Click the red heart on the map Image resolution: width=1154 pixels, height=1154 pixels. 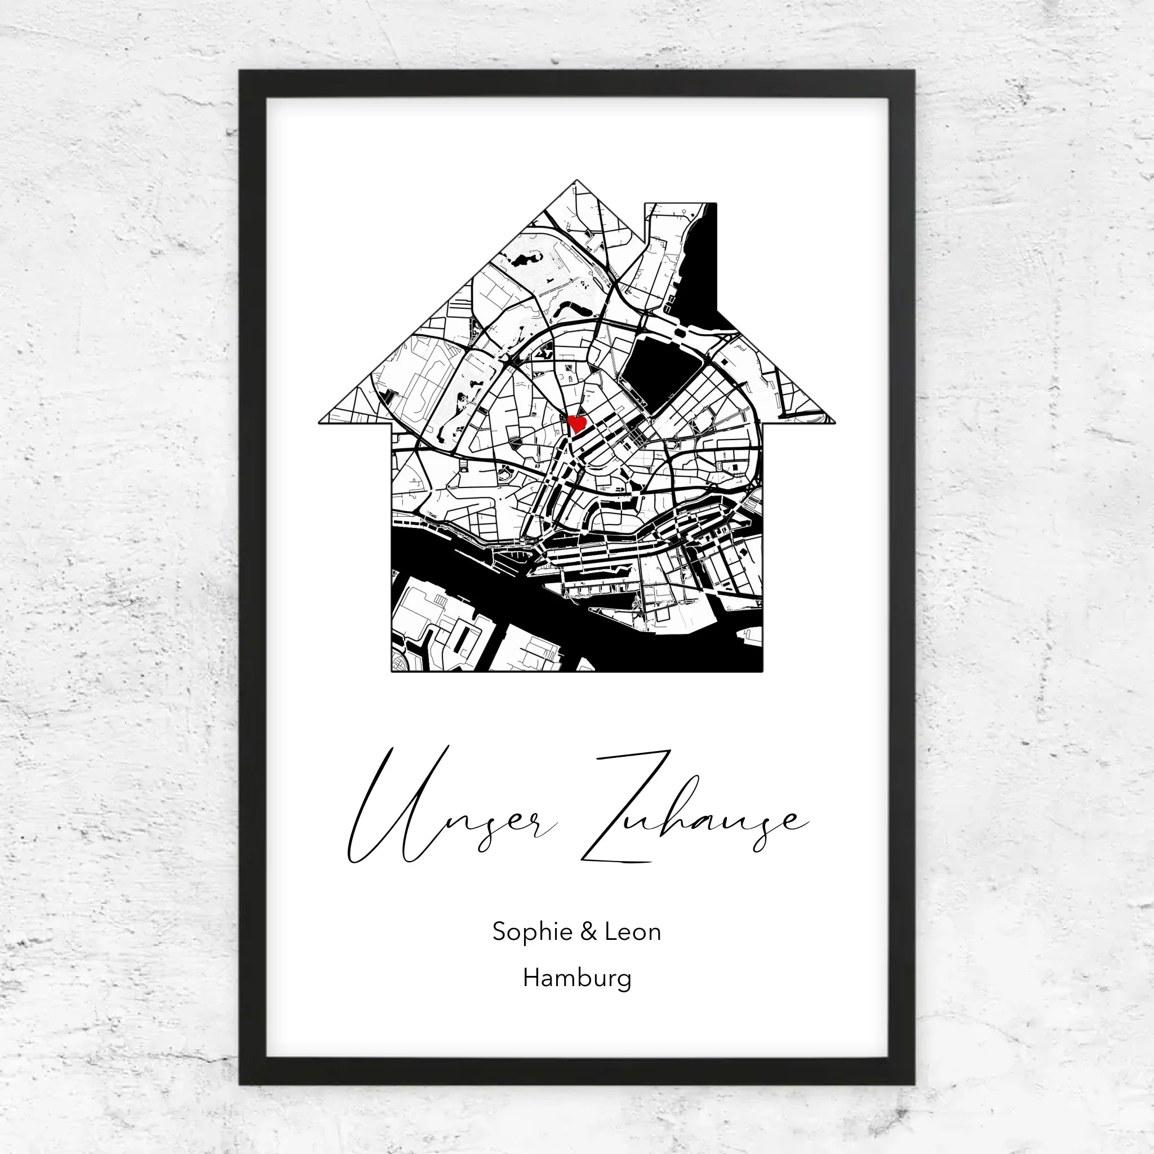[x=577, y=424]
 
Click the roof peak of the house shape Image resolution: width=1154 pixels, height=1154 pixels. [x=576, y=180]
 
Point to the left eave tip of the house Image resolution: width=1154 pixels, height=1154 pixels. [x=320, y=422]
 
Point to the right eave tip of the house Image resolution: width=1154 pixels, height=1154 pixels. [x=834, y=422]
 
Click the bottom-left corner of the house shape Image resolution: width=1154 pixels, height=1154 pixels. [x=392, y=671]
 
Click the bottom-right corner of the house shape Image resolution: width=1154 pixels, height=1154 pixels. [x=762, y=671]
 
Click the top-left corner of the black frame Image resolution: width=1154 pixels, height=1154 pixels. [x=240, y=71]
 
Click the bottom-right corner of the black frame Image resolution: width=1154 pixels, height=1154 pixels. [x=913, y=1084]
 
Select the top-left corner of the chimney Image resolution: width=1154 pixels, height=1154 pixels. [x=645, y=203]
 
